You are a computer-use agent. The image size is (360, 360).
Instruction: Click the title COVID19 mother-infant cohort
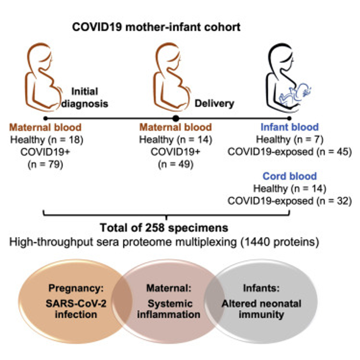(157, 26)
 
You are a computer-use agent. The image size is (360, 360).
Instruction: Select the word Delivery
(214, 103)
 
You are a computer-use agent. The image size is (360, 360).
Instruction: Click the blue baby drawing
(294, 92)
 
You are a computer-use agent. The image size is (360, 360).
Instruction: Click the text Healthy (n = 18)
(45, 139)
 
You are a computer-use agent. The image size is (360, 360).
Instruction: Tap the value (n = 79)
(45, 164)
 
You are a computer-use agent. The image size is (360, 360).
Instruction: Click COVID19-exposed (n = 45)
(290, 152)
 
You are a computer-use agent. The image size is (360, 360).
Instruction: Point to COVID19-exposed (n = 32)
(290, 201)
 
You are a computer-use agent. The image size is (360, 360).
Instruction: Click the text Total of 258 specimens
(164, 228)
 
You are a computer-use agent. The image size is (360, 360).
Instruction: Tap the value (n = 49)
(176, 164)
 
